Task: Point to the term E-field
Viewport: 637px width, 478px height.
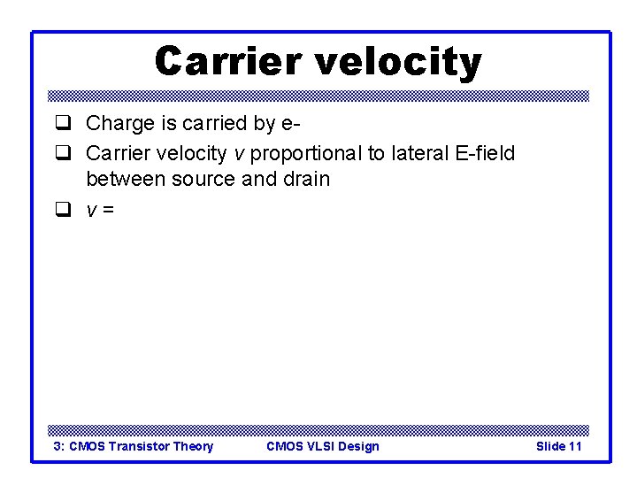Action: pyautogui.click(x=483, y=154)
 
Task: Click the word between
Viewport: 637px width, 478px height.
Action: pyautogui.click(x=126, y=180)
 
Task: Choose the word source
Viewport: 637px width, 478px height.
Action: pyautogui.click(x=202, y=180)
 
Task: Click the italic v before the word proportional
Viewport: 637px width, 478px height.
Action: pyautogui.click(x=238, y=155)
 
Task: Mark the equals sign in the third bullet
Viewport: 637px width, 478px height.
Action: pyautogui.click(x=109, y=211)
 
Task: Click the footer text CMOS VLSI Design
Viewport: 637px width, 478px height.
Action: pyautogui.click(x=322, y=446)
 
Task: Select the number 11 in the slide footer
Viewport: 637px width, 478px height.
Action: pyautogui.click(x=574, y=446)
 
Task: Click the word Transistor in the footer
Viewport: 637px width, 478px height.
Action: pyautogui.click(x=140, y=446)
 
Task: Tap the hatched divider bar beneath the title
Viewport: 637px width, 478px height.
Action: pyautogui.click(x=318, y=96)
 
